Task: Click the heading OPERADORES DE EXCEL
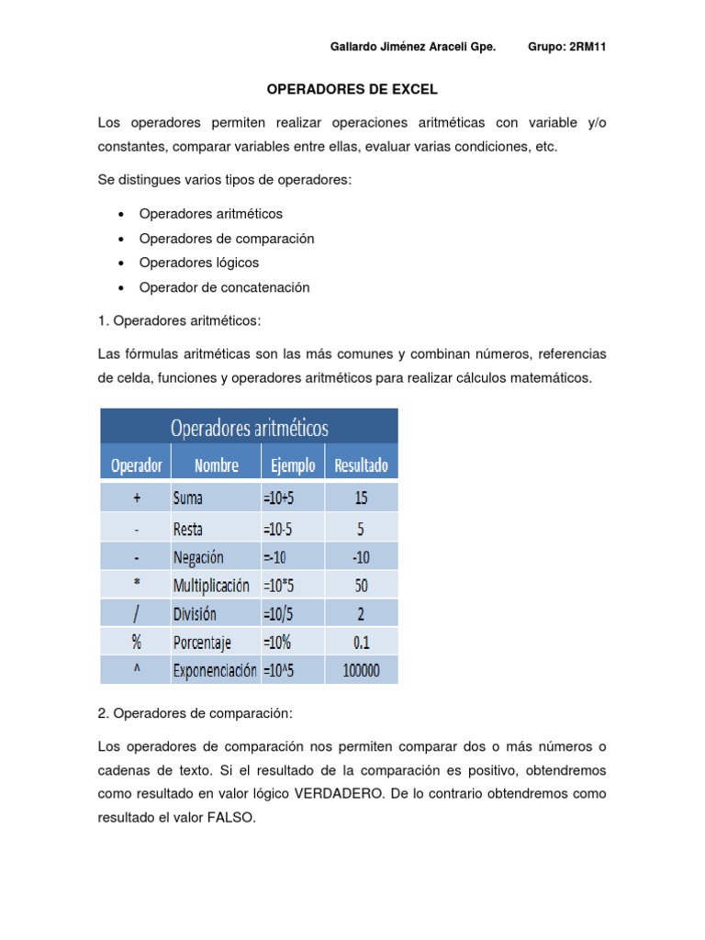click(x=352, y=90)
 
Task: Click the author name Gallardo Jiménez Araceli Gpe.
click(x=411, y=48)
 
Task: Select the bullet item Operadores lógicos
click(x=198, y=263)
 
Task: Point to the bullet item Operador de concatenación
click(x=224, y=287)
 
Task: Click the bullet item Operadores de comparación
click(x=226, y=239)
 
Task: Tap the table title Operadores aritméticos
click(x=249, y=428)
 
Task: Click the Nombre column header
click(x=216, y=465)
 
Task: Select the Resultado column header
click(x=361, y=465)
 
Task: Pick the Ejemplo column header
click(x=293, y=465)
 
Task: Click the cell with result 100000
click(x=361, y=671)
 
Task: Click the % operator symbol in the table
click(x=136, y=643)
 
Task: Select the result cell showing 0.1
click(x=361, y=643)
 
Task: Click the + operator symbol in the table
click(x=136, y=498)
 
